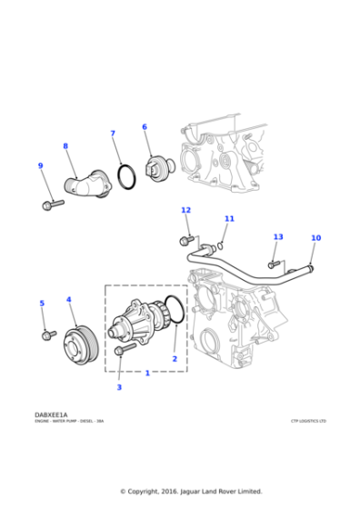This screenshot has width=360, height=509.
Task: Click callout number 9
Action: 40,165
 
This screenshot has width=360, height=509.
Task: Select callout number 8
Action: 65,145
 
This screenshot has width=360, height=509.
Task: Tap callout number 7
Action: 113,134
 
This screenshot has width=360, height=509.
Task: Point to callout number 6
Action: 144,126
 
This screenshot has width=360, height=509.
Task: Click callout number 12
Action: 185,210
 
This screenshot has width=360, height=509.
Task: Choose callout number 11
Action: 229,218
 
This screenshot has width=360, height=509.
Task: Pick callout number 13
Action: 277,236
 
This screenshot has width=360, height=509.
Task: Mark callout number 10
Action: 315,238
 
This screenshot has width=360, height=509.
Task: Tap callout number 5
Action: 41,303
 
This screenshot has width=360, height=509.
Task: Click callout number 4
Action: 68,299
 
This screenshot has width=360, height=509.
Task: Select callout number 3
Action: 118,387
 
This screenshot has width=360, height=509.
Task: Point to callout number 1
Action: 147,373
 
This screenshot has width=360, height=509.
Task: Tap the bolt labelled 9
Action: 52,205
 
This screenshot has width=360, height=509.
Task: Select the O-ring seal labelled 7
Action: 126,176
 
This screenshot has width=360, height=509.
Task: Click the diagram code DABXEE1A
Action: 51,414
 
